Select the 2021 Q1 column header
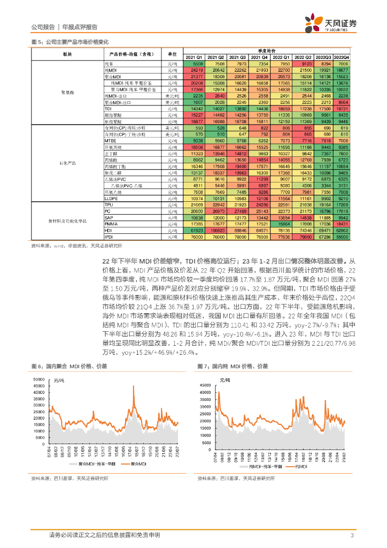pos(193,57)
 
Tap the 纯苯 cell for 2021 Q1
pos(193,63)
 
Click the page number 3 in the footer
pos(351,535)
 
